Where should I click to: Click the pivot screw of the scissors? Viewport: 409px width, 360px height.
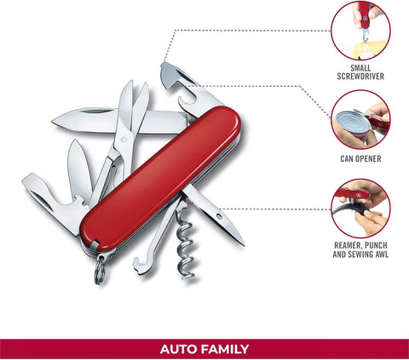pos(124,140)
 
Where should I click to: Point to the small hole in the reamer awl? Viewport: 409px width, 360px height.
pos(219,217)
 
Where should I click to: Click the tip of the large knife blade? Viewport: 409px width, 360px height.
pos(53,122)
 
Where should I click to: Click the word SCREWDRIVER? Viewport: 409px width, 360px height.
pos(360,77)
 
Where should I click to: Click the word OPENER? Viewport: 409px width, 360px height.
pos(369,158)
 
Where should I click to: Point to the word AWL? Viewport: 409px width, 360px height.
pos(382,254)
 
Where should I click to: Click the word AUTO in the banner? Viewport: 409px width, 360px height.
pos(178,349)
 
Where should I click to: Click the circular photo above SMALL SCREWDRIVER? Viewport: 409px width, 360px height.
pos(360,30)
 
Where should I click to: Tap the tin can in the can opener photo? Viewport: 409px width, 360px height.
pos(350,125)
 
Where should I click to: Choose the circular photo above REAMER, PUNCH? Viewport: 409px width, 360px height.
pos(360,209)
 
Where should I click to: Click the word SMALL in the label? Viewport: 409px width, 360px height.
pos(360,68)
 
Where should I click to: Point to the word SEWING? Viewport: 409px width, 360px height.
pos(360,254)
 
